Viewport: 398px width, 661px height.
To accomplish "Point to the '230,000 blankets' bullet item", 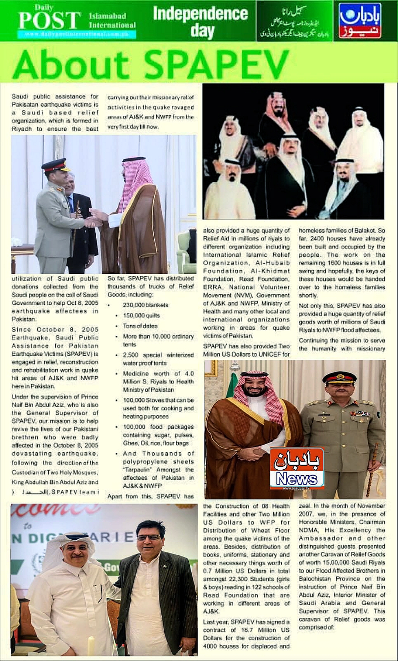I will pos(145,305).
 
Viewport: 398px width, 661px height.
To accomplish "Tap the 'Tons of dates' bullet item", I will pos(140,326).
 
